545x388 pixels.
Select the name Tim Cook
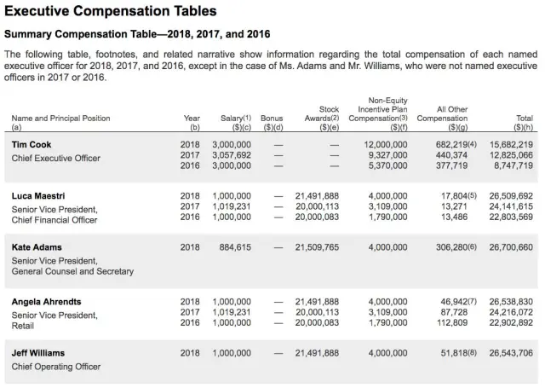[32, 145]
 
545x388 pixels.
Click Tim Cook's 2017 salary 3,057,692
[231, 156]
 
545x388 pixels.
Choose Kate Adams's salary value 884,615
[234, 247]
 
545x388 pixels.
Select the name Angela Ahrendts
[47, 302]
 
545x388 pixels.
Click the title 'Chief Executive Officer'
[55, 158]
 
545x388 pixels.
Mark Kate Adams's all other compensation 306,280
[445, 247]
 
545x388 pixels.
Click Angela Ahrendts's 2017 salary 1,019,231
[231, 313]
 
